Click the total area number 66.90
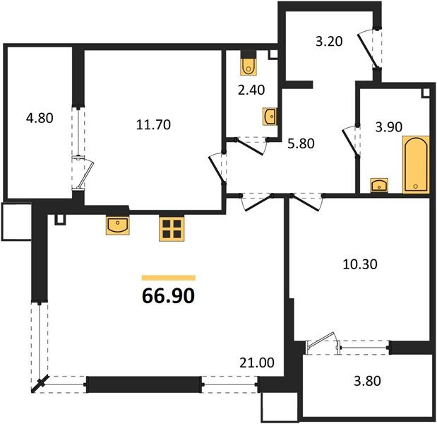(168, 296)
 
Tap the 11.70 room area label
(153, 124)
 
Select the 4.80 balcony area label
(40, 118)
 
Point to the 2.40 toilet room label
(251, 90)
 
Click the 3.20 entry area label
(329, 42)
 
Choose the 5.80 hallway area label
(301, 143)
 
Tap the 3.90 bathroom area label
(389, 127)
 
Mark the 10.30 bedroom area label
(360, 264)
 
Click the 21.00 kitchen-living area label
(257, 363)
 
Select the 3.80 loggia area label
(367, 381)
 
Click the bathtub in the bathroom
(416, 165)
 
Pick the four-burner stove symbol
(172, 228)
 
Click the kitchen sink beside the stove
(118, 225)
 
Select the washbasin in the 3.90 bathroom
(379, 185)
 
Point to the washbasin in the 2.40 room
(270, 117)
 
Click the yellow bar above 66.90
(168, 278)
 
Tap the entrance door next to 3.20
(367, 49)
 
